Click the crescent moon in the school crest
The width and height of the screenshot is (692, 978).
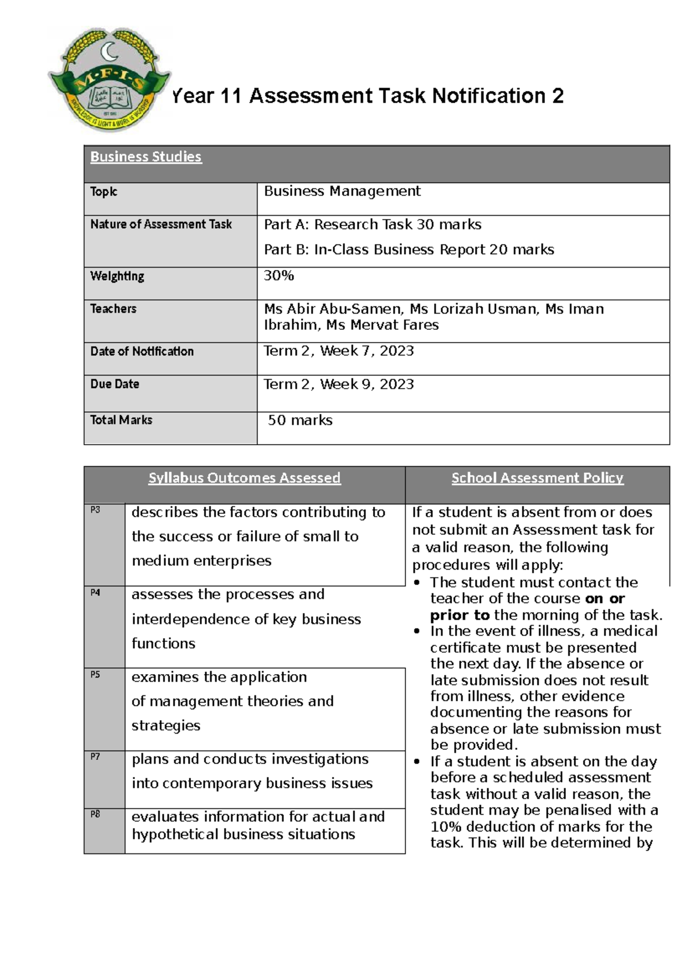click(110, 53)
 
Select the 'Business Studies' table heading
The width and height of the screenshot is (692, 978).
click(146, 157)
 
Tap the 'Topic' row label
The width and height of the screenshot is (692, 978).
click(104, 191)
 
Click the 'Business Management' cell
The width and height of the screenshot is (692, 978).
click(343, 191)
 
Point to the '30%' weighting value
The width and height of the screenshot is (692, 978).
click(279, 276)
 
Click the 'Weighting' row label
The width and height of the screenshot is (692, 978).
click(117, 276)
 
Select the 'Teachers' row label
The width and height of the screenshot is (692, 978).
click(113, 309)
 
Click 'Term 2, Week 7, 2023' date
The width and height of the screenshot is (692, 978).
click(339, 351)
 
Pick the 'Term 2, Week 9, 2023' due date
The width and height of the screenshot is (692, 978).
click(339, 385)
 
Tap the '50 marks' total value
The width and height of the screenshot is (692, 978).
click(300, 420)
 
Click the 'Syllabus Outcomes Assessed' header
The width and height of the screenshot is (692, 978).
click(245, 478)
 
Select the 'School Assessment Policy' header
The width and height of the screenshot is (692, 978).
click(537, 478)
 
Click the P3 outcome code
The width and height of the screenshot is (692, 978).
click(95, 510)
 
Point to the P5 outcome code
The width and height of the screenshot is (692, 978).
click(95, 674)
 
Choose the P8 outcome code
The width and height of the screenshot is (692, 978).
click(95, 814)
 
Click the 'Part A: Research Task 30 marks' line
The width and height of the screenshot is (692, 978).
click(373, 224)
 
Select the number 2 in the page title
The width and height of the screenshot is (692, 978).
click(558, 96)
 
